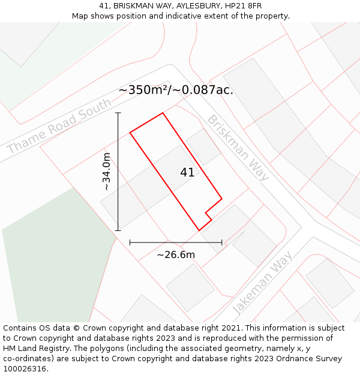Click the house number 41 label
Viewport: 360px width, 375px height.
(x=187, y=173)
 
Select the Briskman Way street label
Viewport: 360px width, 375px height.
(x=238, y=148)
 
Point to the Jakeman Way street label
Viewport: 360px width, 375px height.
(x=262, y=283)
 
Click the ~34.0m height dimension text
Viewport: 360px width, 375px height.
(x=107, y=172)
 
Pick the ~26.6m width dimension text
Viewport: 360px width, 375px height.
(x=176, y=255)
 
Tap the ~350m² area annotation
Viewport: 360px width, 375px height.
(x=175, y=90)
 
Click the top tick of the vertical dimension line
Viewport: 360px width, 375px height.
(x=118, y=113)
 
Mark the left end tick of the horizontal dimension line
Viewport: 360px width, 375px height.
(x=130, y=242)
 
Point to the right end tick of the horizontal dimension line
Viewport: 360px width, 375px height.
(x=222, y=242)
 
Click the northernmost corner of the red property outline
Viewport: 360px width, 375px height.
(x=163, y=113)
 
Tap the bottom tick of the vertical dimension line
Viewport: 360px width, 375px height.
(x=118, y=230)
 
